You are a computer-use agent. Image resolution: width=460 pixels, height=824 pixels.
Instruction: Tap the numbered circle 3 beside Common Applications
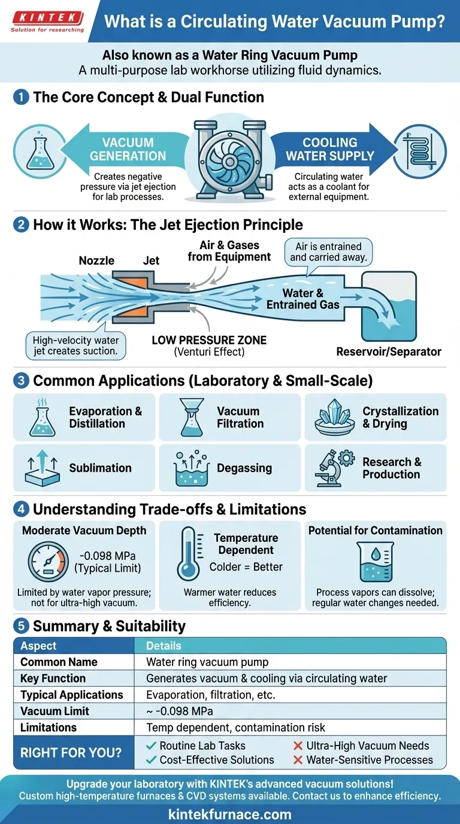(20, 381)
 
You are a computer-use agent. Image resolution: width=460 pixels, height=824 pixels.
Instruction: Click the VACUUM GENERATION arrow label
(128, 149)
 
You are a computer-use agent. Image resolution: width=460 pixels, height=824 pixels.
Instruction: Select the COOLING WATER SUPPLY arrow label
(329, 149)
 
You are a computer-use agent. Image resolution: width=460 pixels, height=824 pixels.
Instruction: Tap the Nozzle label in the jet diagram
(96, 260)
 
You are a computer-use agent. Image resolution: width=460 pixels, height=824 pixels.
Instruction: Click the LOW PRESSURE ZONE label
(209, 340)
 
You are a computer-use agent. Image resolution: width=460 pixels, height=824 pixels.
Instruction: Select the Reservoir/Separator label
(389, 352)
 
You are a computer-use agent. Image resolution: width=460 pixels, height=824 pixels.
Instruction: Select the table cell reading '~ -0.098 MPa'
(180, 711)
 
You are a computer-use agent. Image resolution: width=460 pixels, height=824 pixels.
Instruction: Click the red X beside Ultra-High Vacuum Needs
(297, 746)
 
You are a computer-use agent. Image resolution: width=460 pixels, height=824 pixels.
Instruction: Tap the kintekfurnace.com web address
(230, 814)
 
